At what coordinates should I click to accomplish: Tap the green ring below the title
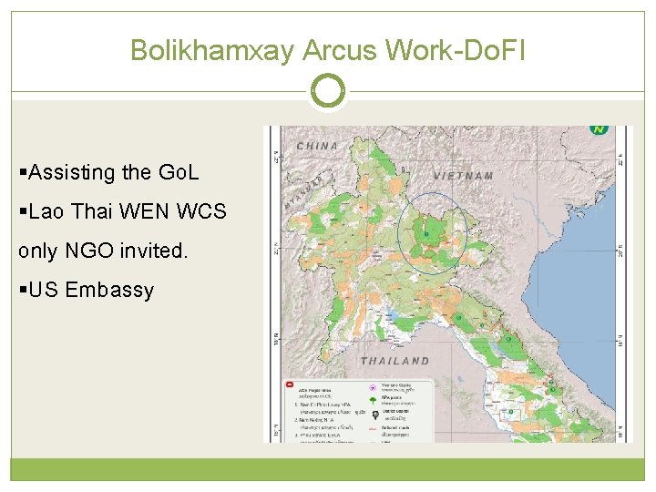pyautogui.click(x=328, y=91)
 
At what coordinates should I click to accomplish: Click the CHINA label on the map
pyautogui.click(x=317, y=146)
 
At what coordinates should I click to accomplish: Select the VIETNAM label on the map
pyautogui.click(x=464, y=175)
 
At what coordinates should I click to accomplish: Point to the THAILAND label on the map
pyautogui.click(x=395, y=362)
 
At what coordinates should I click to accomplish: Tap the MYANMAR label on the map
pyautogui.click(x=303, y=194)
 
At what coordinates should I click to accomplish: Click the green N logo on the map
pyautogui.click(x=600, y=129)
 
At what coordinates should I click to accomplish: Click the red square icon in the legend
pyautogui.click(x=288, y=385)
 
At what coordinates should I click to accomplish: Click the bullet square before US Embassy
pyautogui.click(x=23, y=291)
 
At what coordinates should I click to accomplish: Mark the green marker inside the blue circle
pyautogui.click(x=425, y=234)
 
